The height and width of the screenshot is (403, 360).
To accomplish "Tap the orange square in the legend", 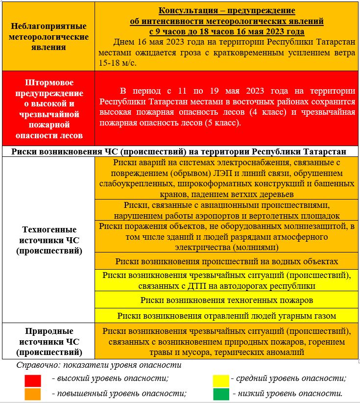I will coord(33,394).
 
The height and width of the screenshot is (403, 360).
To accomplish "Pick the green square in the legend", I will coord(221,394).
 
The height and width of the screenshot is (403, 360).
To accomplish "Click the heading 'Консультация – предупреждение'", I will coord(227,11).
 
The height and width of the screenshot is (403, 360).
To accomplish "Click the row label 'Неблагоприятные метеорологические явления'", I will coord(48,37).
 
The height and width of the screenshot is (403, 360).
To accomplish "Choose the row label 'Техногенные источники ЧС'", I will coord(48,240).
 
